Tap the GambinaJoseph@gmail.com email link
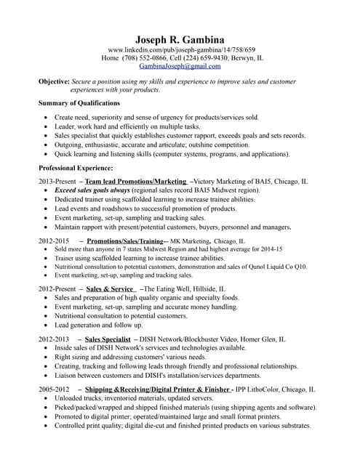tap(180, 65)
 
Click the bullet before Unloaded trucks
tap(47, 400)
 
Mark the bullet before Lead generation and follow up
tap(47, 326)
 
